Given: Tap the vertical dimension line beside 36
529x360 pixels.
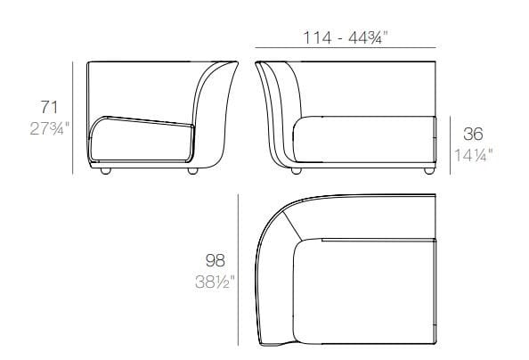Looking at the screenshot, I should coord(452,143).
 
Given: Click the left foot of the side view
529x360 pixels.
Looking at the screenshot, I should coord(106,170).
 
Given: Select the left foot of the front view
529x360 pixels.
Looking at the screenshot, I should coord(297,170).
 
